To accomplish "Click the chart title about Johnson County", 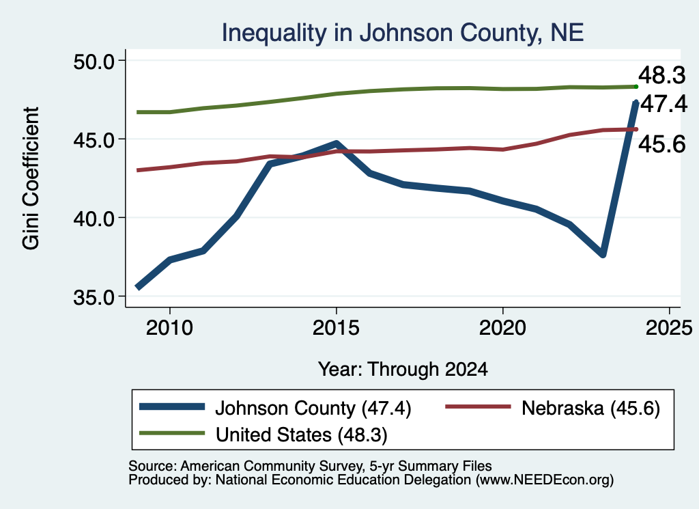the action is (403, 33).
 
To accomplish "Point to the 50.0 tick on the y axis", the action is (94, 61).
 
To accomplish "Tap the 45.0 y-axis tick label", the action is (94, 139).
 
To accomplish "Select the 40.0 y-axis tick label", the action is (94, 218).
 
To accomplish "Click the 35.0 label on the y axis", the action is (94, 297).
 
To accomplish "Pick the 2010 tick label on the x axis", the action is (169, 328).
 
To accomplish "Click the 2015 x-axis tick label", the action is (336, 328).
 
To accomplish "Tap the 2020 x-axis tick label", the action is (502, 328).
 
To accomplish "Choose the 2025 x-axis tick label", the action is (669, 328).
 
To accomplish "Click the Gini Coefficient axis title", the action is (31, 178).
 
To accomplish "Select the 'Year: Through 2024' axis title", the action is (403, 370).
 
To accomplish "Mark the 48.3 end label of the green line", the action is (662, 75).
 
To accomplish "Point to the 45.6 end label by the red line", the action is (662, 144).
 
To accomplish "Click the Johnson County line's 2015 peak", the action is (336, 143).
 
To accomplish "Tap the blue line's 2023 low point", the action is (603, 254).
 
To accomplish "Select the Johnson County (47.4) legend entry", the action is (275, 408).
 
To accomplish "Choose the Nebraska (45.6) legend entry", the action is (553, 408).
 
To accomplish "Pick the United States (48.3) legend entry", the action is (263, 434).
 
